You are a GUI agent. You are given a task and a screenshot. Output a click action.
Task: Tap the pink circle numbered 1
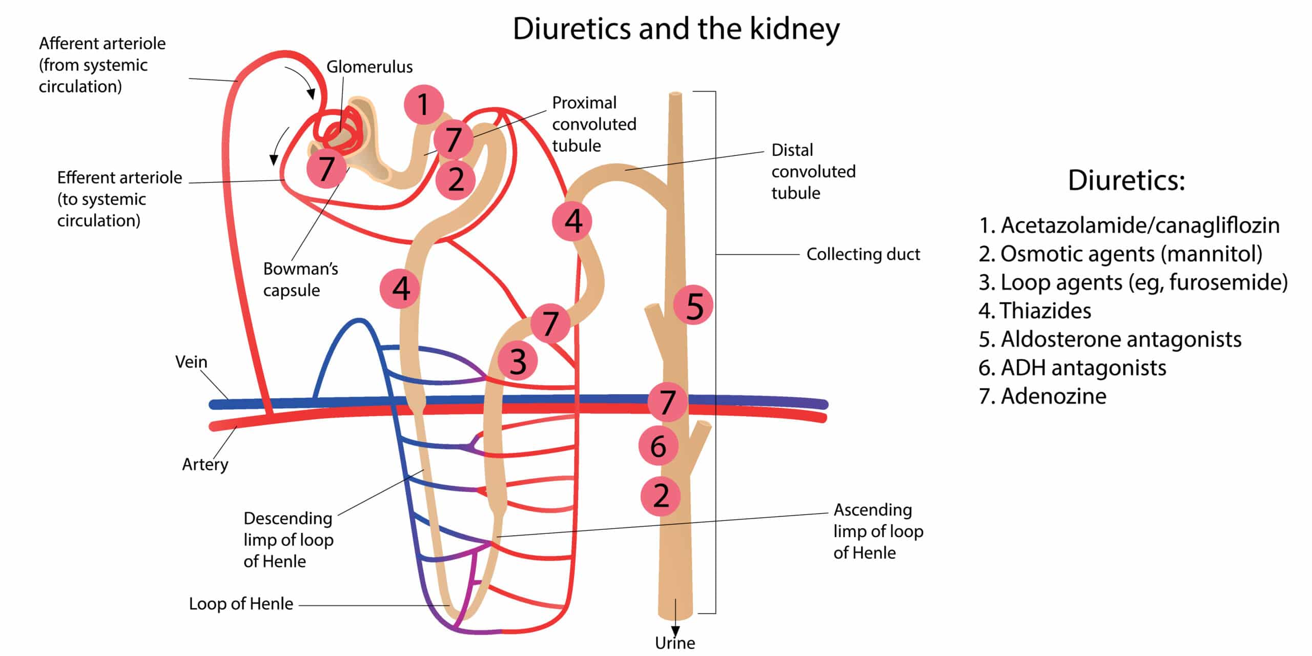[423, 105]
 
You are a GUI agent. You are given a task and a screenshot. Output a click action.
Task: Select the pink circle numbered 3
[518, 361]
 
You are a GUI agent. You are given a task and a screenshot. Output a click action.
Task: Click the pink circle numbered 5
[693, 305]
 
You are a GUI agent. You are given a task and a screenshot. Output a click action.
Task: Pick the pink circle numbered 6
[658, 445]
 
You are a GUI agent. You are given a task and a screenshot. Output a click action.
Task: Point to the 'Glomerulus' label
[369, 67]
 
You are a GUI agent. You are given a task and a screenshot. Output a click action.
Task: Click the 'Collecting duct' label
[863, 254]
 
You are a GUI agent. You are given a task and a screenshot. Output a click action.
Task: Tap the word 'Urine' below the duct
[675, 643]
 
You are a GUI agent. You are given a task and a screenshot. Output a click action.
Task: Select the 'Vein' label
[191, 362]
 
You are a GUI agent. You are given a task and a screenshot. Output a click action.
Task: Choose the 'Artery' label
[205, 464]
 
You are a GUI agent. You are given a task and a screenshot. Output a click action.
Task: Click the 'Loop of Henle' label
[241, 604]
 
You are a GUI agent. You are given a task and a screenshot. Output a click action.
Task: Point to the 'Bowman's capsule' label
[300, 279]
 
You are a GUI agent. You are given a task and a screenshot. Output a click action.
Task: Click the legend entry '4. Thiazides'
[1035, 311]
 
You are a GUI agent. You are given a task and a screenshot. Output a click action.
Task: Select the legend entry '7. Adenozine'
[1042, 396]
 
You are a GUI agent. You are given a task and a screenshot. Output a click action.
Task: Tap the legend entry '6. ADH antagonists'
[1072, 367]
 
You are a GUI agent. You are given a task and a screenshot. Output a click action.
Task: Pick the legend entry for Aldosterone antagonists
[1110, 339]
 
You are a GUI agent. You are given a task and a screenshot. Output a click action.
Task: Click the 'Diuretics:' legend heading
[1126, 180]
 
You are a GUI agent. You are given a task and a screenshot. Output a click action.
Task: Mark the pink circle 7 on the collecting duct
[667, 402]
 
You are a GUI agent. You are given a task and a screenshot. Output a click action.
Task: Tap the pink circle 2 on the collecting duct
[661, 496]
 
